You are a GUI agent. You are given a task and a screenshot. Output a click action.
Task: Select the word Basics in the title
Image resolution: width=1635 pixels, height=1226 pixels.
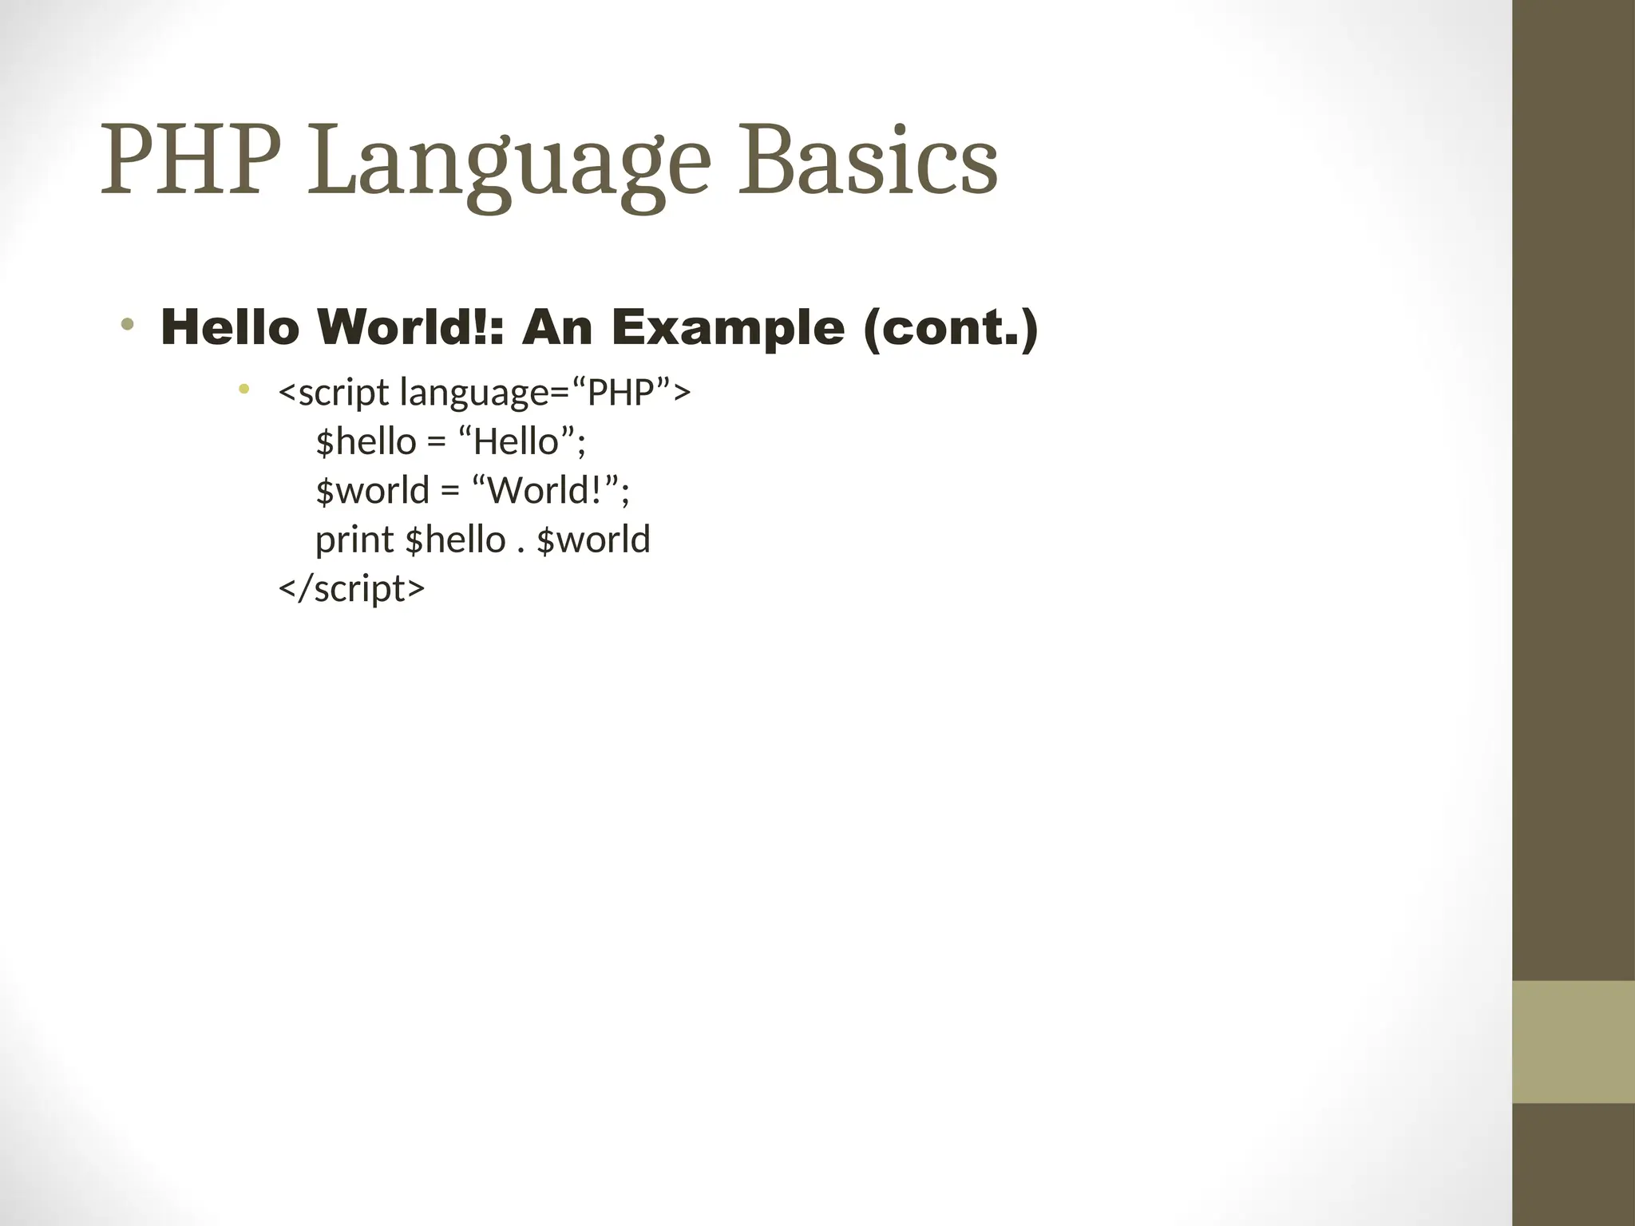(867, 162)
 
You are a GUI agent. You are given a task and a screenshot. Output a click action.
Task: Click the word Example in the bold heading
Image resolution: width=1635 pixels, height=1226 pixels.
(726, 328)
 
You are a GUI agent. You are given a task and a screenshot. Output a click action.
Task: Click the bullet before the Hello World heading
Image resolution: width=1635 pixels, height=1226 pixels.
(128, 325)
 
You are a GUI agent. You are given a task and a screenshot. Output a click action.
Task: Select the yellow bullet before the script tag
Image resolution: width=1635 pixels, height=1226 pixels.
(244, 390)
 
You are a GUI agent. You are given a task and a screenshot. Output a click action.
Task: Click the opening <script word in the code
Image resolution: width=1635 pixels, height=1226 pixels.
(333, 393)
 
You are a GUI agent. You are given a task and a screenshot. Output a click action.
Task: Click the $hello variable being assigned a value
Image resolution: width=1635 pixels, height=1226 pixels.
(366, 441)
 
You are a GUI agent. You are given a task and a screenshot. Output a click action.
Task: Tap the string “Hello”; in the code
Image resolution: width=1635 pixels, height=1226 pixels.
(522, 441)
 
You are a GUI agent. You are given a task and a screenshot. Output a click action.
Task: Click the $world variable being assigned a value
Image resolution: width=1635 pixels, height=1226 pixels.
(372, 490)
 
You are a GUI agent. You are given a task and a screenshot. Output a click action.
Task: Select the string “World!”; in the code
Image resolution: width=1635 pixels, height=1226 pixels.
(550, 490)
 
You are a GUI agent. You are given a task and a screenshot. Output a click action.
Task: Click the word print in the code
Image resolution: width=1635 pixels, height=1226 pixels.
(354, 540)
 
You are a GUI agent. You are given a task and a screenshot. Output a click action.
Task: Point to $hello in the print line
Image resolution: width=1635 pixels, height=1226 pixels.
(455, 540)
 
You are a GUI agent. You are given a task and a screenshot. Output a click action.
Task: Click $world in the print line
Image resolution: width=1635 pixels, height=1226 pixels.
(593, 540)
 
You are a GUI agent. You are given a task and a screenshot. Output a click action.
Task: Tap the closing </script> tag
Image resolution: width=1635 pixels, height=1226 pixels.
(351, 588)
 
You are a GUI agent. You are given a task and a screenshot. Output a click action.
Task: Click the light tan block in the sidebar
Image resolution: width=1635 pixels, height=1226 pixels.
(1573, 1042)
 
